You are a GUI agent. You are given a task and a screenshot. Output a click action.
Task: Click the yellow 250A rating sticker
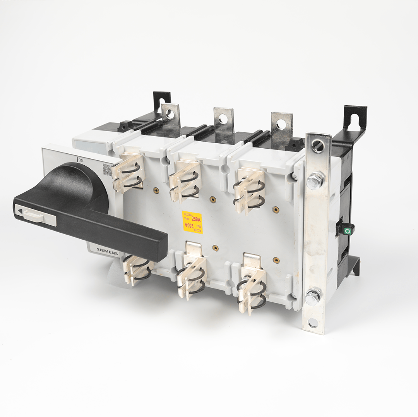pos(192,222)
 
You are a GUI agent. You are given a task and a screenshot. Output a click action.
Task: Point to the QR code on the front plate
pos(107,170)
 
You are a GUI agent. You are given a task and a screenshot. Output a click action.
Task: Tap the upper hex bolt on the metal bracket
pos(315,180)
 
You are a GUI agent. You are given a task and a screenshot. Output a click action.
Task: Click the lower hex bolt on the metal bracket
pos(313,297)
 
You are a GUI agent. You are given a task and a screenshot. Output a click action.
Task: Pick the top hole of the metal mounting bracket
pos(318,146)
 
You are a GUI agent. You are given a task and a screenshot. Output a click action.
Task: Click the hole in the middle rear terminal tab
pos(223,119)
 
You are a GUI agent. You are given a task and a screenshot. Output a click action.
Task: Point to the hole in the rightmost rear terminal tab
pos(281,124)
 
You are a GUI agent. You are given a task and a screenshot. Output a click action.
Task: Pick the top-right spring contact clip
pos(248,191)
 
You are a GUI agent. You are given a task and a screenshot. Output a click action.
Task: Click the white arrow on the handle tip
pos(19,211)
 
